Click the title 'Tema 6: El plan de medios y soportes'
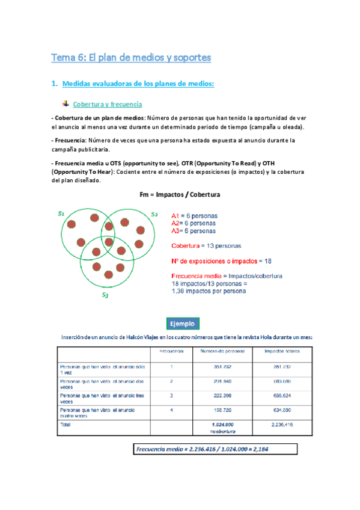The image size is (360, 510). (x=131, y=58)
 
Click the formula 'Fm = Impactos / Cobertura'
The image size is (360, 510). (x=179, y=195)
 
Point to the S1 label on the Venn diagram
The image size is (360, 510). (x=61, y=213)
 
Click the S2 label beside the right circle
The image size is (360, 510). (x=154, y=214)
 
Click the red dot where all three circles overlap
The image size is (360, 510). (x=108, y=242)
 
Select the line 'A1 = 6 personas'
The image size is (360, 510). (x=195, y=215)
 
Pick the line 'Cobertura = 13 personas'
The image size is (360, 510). (x=206, y=245)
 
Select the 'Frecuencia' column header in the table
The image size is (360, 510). (x=171, y=351)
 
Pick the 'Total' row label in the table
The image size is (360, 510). (x=66, y=424)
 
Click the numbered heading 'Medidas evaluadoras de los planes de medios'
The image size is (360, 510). (x=138, y=84)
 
